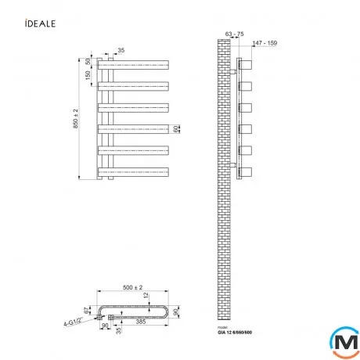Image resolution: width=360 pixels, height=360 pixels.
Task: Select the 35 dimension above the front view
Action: (121, 50)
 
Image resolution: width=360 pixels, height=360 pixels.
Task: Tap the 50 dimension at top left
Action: (88, 61)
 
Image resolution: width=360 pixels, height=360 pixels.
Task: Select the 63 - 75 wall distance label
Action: (233, 34)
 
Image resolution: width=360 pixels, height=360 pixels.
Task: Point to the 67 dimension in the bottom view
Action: (88, 310)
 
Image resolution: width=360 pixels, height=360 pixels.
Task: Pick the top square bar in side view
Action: (247, 64)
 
